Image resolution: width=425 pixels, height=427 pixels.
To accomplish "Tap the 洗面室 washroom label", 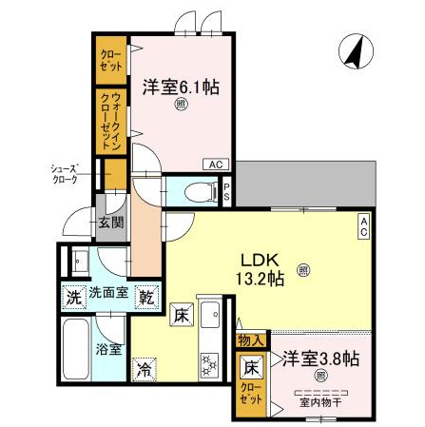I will click(108, 295).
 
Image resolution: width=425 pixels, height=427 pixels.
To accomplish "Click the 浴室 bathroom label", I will click(109, 348).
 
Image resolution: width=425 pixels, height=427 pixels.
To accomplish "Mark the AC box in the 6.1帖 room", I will click(217, 164).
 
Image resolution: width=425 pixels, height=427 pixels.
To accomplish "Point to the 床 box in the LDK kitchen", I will click(183, 314).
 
